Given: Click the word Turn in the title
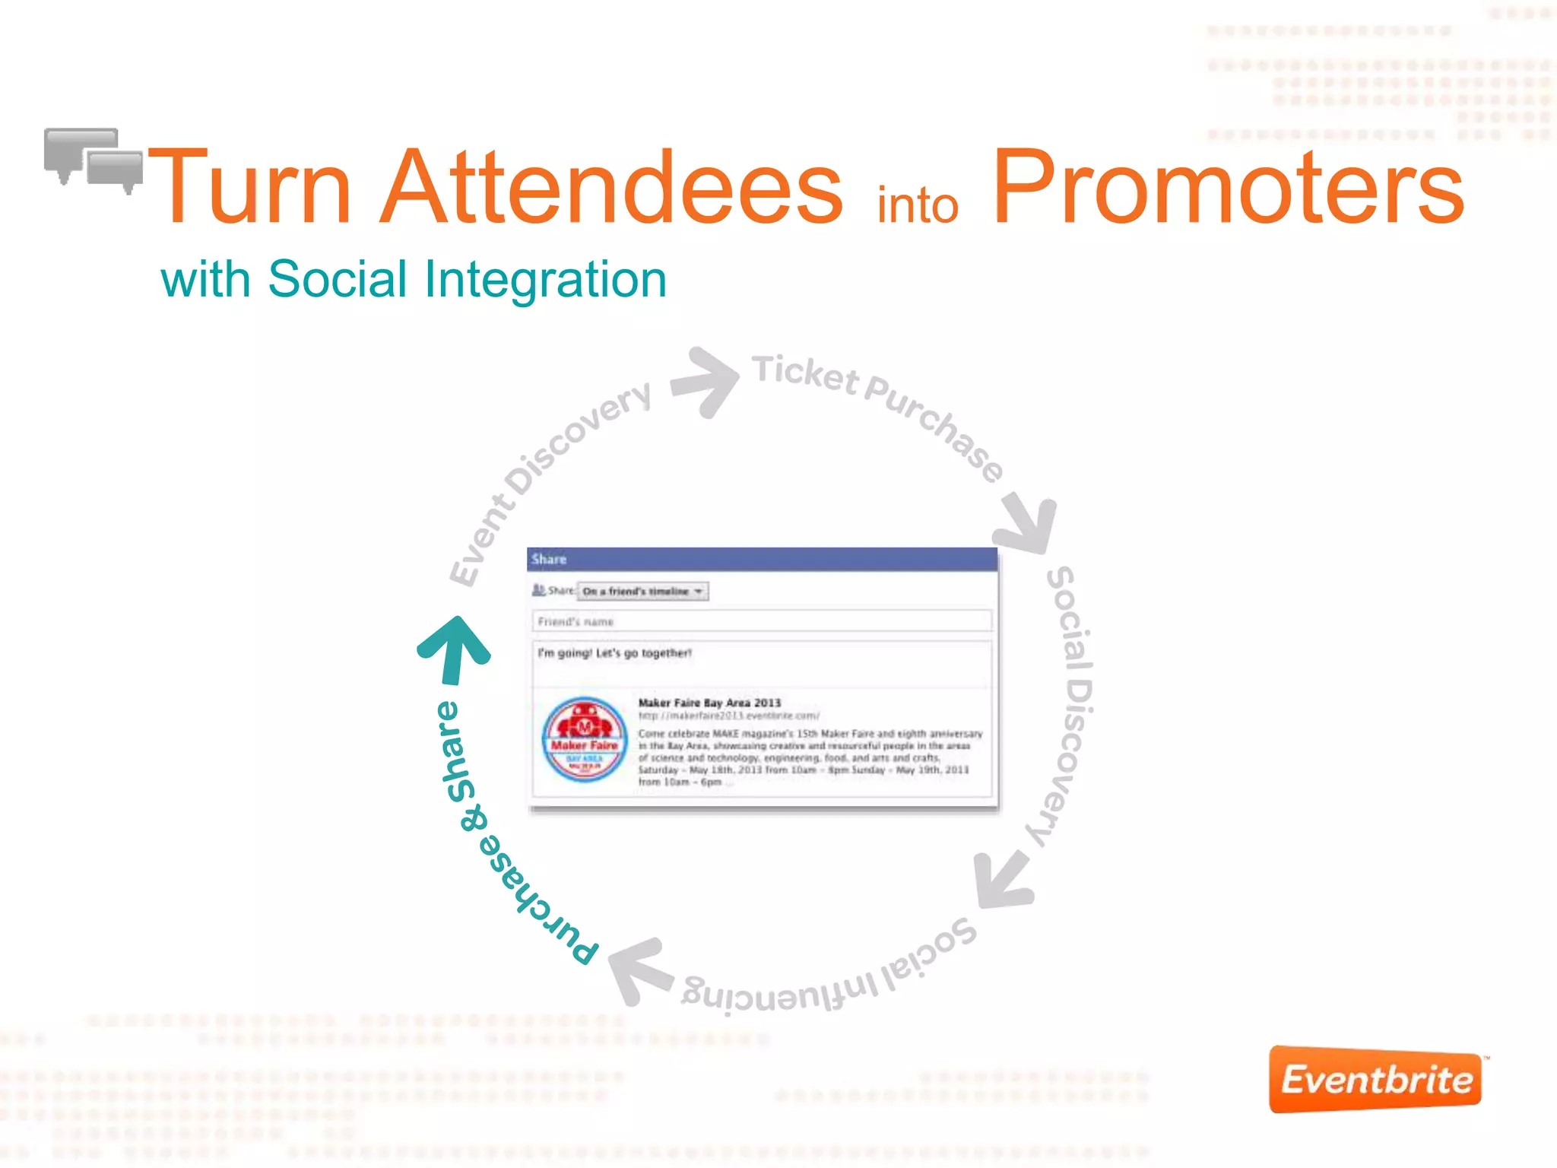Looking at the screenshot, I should click(251, 188).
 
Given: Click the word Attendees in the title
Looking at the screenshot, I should click(611, 188).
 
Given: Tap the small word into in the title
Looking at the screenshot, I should click(917, 206).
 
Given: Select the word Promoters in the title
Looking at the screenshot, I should click(1227, 188).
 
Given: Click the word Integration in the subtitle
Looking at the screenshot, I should click(545, 280).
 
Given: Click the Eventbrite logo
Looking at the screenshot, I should click(1375, 1079).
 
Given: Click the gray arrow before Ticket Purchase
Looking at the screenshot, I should click(706, 381).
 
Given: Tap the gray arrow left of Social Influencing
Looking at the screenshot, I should click(639, 970).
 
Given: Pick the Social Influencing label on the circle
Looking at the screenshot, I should click(829, 977).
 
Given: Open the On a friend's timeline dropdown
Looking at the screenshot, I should click(643, 591).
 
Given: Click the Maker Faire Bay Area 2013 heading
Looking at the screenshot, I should click(709, 703).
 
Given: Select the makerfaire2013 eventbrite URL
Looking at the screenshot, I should click(728, 716).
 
